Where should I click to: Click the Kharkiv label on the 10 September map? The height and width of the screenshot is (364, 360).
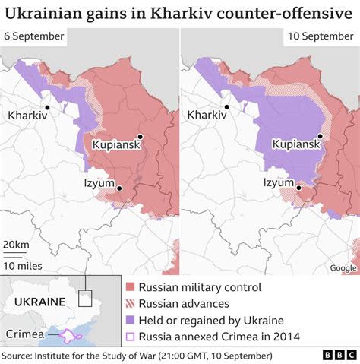click(207, 116)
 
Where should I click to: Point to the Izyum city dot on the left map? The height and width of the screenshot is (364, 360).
click(120, 187)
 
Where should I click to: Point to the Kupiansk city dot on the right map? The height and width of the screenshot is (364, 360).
click(321, 136)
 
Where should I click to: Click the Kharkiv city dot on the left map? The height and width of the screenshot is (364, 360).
click(47, 107)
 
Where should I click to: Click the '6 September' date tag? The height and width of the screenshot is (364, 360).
click(33, 37)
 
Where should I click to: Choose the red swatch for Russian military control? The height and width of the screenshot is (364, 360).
click(131, 287)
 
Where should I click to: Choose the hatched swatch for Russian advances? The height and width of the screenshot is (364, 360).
click(131, 304)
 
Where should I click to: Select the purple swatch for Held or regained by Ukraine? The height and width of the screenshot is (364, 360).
click(131, 320)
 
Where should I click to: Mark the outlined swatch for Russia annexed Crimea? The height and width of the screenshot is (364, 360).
click(131, 337)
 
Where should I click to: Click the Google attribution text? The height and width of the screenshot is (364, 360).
click(343, 267)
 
